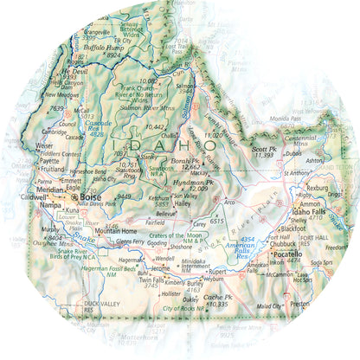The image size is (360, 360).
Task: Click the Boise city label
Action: click(x=92, y=197)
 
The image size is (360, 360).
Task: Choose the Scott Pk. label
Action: click(x=263, y=147)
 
